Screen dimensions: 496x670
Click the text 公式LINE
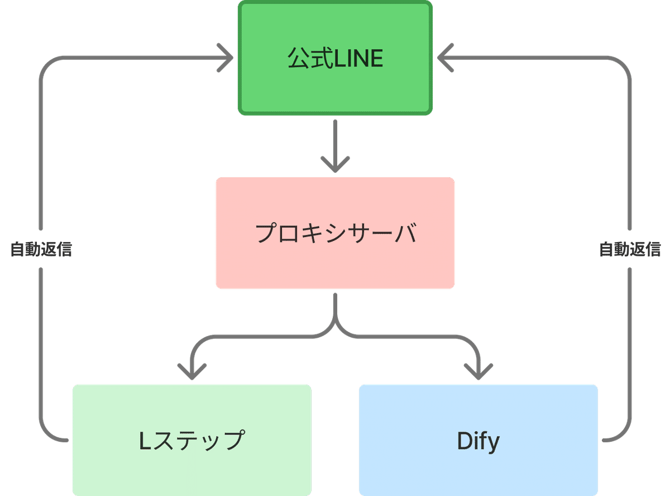[335, 59]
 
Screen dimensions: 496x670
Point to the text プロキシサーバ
[336, 233]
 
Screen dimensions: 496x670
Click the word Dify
[478, 441]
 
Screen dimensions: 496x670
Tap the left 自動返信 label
[41, 249]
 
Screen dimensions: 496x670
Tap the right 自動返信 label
[630, 249]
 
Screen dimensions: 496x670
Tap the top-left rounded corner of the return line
[47, 64]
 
